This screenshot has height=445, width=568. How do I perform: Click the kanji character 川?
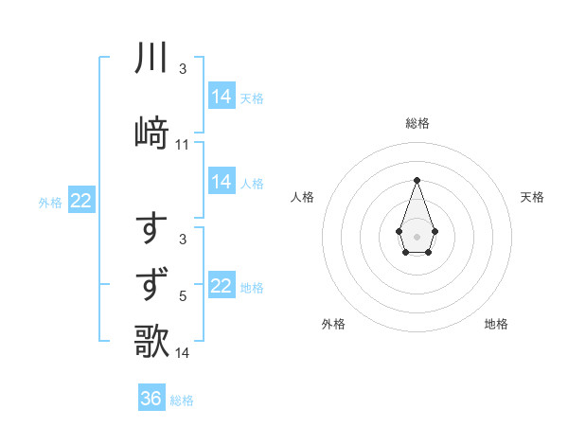pos(151,59)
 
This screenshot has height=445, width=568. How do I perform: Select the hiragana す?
pos(152,229)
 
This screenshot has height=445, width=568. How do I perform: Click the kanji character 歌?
pos(151,342)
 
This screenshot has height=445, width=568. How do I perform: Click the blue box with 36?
pos(151,399)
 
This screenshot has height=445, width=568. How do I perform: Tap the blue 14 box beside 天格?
pos(222,97)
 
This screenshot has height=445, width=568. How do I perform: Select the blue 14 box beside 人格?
pos(222,182)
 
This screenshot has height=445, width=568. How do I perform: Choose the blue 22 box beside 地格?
pos(222,286)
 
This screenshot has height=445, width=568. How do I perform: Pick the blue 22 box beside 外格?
pos(81,201)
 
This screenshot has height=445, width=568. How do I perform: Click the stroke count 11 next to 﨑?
pos(183,144)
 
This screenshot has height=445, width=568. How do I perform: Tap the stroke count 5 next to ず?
pos(183,296)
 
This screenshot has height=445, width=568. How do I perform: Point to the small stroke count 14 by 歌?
pos(183,354)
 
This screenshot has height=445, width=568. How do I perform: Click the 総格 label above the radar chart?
pos(417,123)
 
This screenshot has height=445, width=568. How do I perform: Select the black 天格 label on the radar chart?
pos(532,197)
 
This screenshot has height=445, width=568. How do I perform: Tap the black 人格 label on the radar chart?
pos(302,197)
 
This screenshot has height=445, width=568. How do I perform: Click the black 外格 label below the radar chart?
pos(333,324)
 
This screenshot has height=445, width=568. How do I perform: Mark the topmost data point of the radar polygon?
pos(417,180)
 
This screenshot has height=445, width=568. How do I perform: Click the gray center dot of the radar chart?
pos(417,235)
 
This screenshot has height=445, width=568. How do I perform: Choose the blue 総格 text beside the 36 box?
pos(182,400)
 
